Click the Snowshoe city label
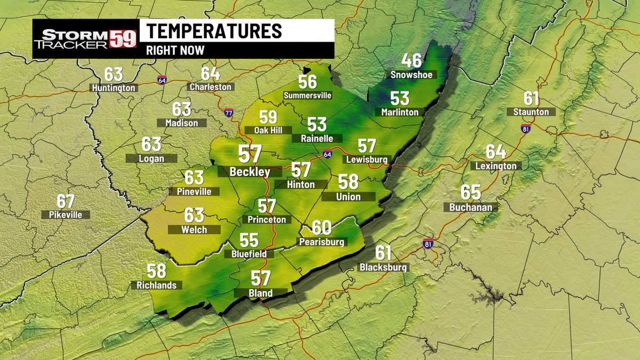coord(411,75)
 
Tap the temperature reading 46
coord(411,60)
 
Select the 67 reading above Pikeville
coord(66,202)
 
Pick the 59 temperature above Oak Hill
coord(268,117)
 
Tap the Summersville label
coord(308,95)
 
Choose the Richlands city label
coord(157,285)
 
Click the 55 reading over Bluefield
coord(249,241)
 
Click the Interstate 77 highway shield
coord(228,113)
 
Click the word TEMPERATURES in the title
coord(214,31)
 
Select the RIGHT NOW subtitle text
coord(175,50)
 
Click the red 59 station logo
coord(123,38)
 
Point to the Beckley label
coord(249,172)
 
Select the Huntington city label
coord(114,88)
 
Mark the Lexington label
coord(496,166)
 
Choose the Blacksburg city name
coord(383,268)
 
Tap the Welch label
coord(194,229)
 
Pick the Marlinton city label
coord(400,113)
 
